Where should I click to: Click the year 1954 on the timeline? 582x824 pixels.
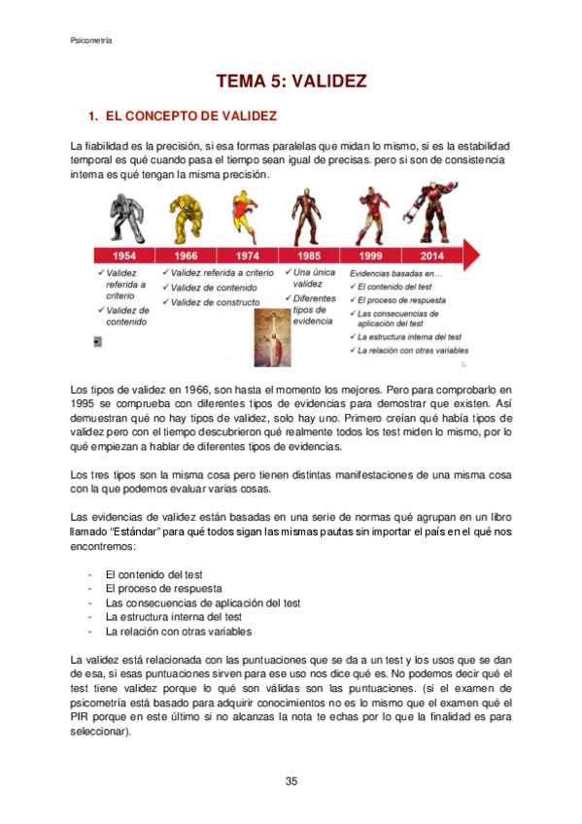click(x=124, y=256)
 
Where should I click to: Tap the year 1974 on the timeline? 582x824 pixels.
click(x=248, y=256)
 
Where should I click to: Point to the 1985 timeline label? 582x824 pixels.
click(x=310, y=256)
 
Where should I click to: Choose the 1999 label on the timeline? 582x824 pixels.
click(x=372, y=256)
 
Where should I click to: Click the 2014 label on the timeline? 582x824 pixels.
click(x=432, y=256)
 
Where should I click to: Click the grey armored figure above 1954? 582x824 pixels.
click(x=125, y=215)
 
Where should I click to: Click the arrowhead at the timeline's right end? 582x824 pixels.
click(x=472, y=256)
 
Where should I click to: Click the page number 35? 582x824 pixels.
click(x=291, y=781)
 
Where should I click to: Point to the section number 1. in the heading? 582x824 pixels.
click(x=93, y=117)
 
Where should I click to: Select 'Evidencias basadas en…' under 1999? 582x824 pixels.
click(x=389, y=275)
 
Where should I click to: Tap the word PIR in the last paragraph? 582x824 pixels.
click(x=81, y=717)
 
